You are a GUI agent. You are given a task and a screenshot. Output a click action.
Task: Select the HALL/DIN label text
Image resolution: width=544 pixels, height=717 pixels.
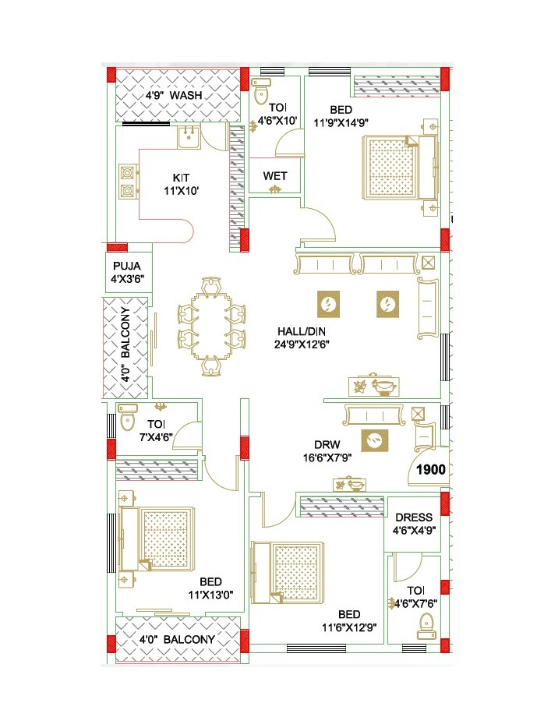pos(300,330)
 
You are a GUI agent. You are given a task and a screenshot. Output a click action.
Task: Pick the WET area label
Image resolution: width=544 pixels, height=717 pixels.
pos(274,176)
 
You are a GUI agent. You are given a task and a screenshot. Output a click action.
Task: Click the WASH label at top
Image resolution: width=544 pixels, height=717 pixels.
pos(186,95)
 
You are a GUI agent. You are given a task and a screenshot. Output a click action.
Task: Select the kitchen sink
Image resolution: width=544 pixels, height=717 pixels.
pos(188,137)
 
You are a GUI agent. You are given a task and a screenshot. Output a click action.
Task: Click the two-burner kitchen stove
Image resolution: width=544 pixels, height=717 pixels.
pos(127,181)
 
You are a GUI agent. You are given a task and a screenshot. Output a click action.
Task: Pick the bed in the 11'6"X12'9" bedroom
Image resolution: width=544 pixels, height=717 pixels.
pos(288,570)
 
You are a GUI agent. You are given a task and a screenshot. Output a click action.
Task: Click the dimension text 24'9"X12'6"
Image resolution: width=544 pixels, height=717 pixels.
pos(300,343)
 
